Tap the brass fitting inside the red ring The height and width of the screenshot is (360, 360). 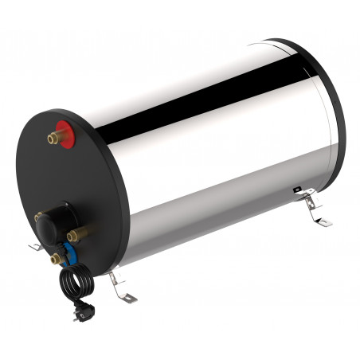click(x=54, y=138)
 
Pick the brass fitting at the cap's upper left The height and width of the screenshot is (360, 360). click(x=39, y=216)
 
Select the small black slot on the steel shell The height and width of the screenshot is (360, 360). click(x=297, y=190)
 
